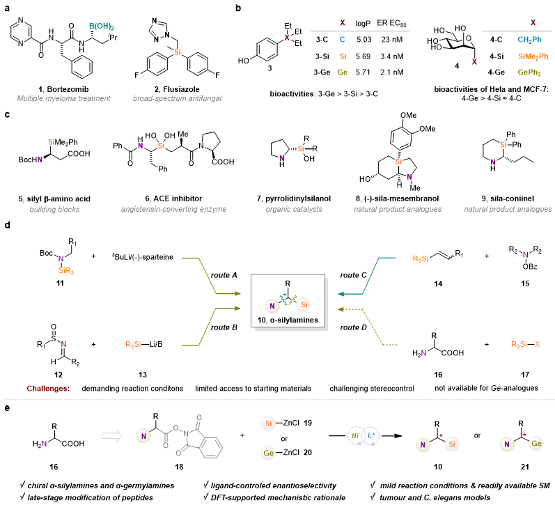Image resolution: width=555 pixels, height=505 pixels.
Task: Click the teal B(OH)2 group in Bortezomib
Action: [x=101, y=26]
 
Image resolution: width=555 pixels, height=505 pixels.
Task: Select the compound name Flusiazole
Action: [x=181, y=89]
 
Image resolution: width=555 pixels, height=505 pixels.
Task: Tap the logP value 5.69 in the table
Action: [x=364, y=56]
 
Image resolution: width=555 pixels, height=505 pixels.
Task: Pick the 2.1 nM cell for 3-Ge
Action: [x=392, y=72]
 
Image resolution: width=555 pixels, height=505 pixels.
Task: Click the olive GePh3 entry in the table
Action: [x=529, y=72]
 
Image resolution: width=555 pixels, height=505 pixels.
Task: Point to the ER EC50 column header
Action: [x=391, y=24]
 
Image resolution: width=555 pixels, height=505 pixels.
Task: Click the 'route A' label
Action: [x=224, y=275]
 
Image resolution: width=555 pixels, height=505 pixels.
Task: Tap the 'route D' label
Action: [x=353, y=327]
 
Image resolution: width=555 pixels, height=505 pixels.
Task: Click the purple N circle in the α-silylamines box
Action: [x=272, y=306]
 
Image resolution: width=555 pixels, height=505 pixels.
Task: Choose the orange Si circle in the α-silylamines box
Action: [x=304, y=304]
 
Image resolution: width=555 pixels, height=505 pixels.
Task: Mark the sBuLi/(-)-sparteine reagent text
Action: [x=143, y=257]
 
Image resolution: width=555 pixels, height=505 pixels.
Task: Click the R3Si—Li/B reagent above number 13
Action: [x=144, y=344]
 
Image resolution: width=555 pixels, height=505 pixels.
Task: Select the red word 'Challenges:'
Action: [x=48, y=389]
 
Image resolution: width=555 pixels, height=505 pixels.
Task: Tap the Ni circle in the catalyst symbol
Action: [x=355, y=436]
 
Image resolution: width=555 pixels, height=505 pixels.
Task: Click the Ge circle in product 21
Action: [x=536, y=444]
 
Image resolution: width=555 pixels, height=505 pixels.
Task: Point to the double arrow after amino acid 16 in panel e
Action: [x=112, y=435]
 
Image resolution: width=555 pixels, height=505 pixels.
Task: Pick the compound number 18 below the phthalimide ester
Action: [x=179, y=467]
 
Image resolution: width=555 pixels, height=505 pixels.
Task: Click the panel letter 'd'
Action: [x=8, y=225]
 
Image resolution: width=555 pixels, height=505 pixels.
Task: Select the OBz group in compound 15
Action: [x=530, y=266]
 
